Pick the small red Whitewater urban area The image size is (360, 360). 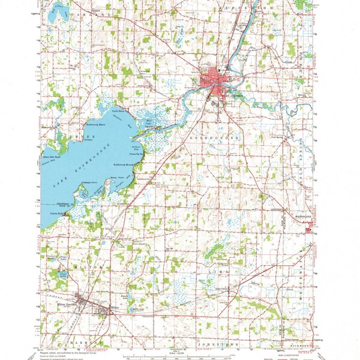(x=310, y=227)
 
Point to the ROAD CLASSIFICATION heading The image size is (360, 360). (x=290, y=353)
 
